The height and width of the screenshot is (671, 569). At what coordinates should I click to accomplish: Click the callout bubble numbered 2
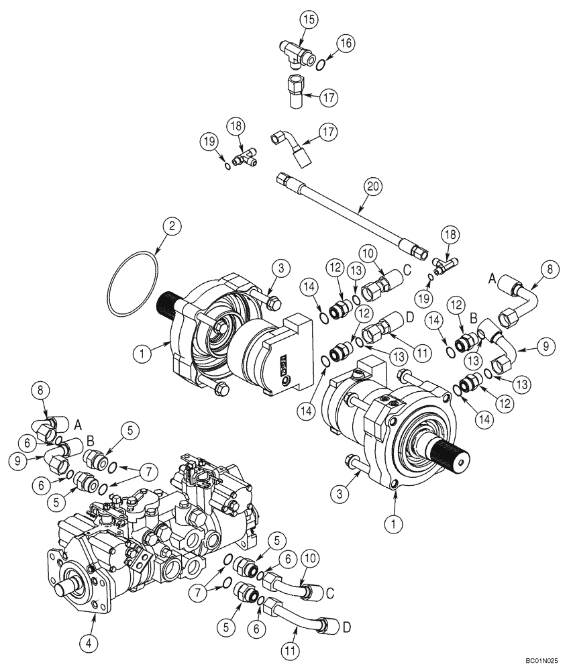(x=171, y=227)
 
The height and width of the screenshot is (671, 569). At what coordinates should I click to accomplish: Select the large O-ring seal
(x=134, y=285)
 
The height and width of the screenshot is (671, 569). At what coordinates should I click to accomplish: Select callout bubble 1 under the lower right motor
(x=397, y=520)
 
